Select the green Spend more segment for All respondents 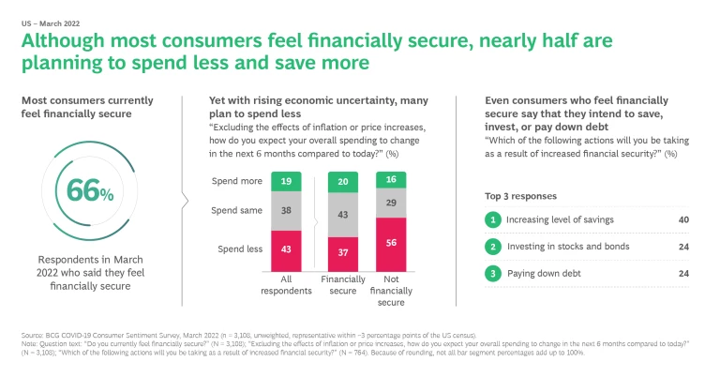tap(286, 180)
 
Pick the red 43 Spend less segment tap(286, 249)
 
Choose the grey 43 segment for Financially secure tap(344, 214)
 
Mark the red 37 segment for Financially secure tap(344, 253)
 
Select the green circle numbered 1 tap(490, 219)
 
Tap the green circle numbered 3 tap(490, 274)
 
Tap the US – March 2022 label tap(42, 19)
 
